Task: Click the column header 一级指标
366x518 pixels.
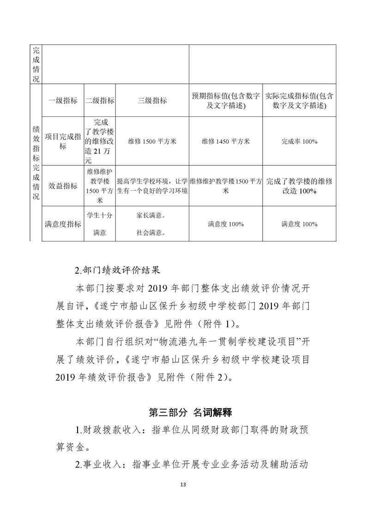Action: coord(63,100)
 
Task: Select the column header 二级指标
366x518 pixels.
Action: coord(100,100)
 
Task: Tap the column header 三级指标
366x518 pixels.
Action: coord(152,100)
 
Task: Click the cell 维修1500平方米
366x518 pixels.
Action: coord(152,141)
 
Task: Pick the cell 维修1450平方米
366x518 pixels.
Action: coord(225,141)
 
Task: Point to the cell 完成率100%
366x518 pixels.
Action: coord(299,141)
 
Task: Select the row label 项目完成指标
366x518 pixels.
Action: coord(63,141)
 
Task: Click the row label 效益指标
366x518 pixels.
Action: coord(63,186)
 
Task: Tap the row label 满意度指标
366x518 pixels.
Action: coord(63,224)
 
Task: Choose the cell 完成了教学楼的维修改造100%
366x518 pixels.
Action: coord(299,186)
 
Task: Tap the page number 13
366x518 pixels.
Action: coord(183,484)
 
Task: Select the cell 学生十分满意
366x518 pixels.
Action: coord(100,223)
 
